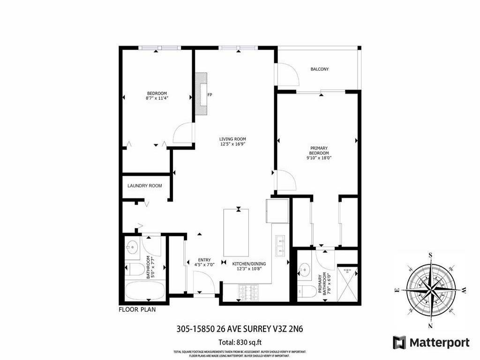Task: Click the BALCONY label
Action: pos(320,69)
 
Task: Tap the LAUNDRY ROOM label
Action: pos(145,186)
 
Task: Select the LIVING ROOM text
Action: pos(232,139)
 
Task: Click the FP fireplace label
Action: pos(210,95)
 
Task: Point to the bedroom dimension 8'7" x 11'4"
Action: pos(157,98)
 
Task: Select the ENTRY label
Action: pos(204,260)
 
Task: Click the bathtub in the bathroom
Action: pos(145,291)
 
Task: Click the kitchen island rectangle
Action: pos(236,232)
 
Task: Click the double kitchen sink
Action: pos(280,246)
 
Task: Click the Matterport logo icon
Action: pos(399,342)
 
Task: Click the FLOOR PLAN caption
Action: pos(137,309)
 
